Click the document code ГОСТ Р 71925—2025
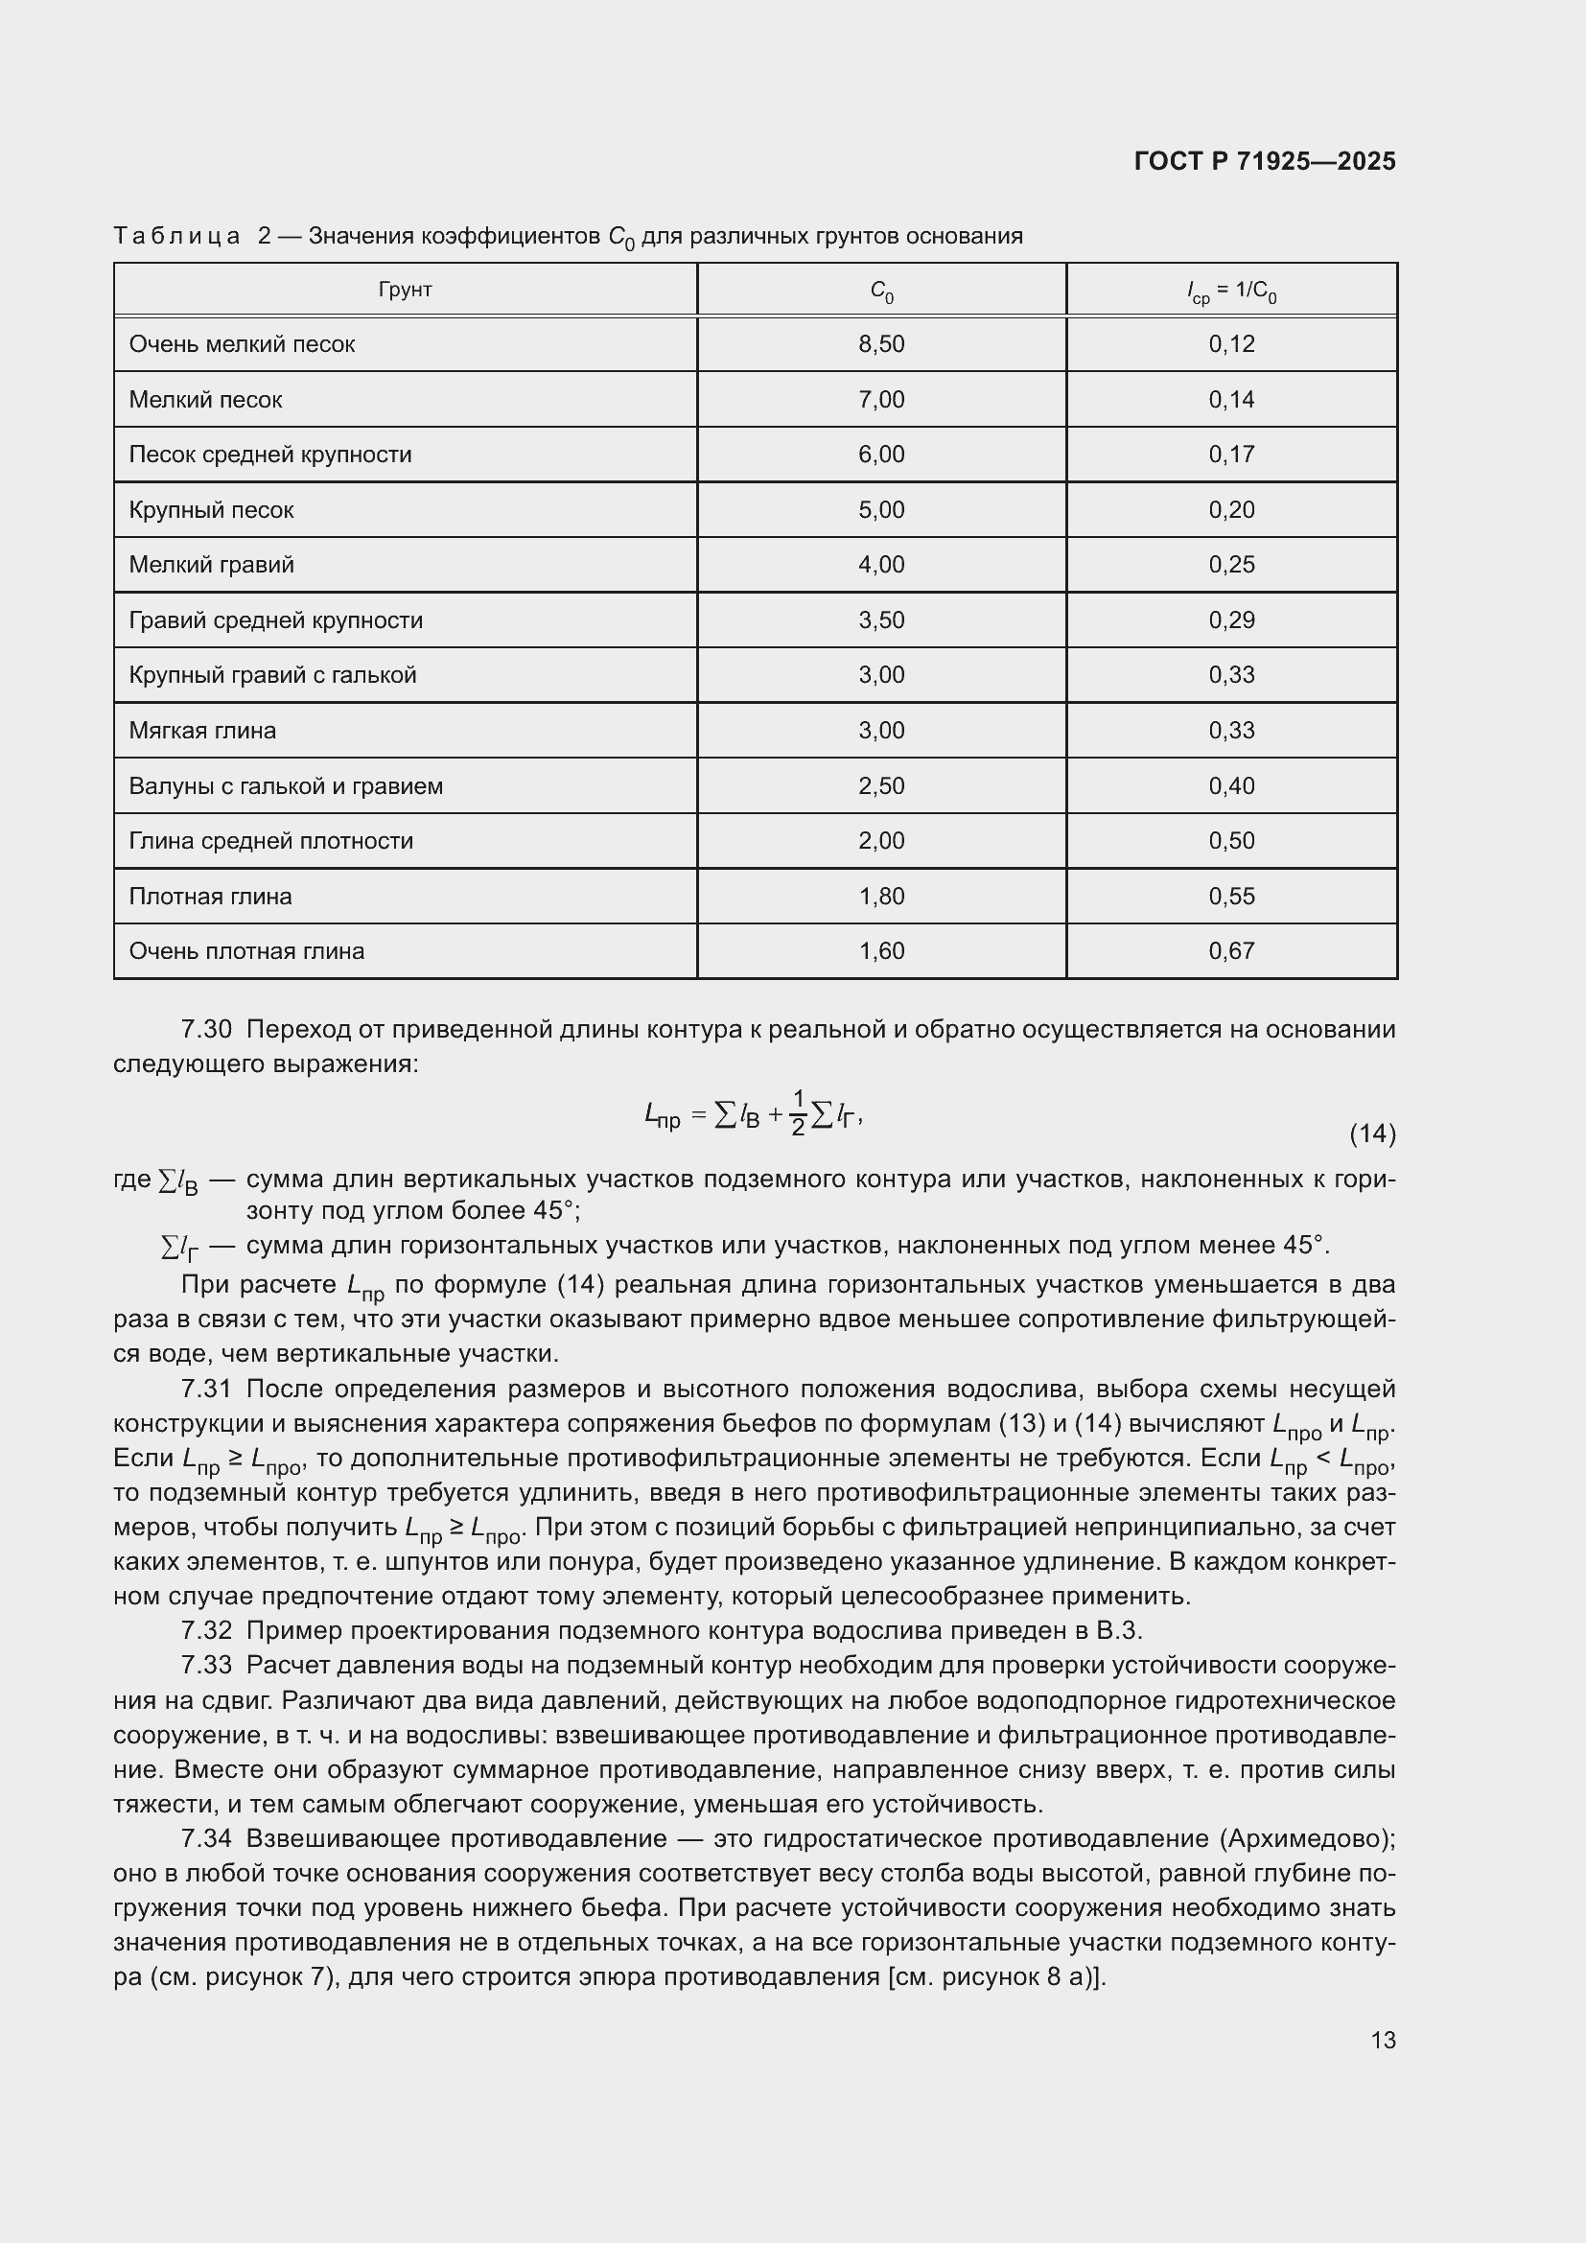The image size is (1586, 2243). click(1264, 161)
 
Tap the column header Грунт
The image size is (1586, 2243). click(405, 290)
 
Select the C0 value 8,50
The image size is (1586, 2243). click(881, 344)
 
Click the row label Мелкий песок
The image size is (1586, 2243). click(205, 400)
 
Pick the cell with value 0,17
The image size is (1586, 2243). click(1230, 455)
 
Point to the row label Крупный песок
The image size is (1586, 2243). click(211, 510)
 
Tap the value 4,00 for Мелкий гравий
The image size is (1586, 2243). click(881, 565)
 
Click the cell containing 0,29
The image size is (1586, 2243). click(1230, 620)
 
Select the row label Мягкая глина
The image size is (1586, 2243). click(202, 731)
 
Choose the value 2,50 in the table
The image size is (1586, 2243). click(881, 786)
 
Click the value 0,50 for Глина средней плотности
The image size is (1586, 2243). click(1230, 841)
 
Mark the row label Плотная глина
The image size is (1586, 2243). click(210, 897)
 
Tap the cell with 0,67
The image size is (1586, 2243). click(1230, 951)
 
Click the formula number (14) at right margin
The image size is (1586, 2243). click(1371, 1133)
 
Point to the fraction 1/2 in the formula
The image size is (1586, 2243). click(797, 1112)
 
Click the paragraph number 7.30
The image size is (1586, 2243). click(206, 1030)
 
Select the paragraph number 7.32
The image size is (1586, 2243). click(206, 1630)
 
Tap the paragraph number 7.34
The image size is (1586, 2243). click(206, 1838)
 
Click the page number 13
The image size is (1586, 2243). click(1382, 2040)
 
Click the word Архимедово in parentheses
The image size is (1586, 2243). click(1308, 1838)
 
